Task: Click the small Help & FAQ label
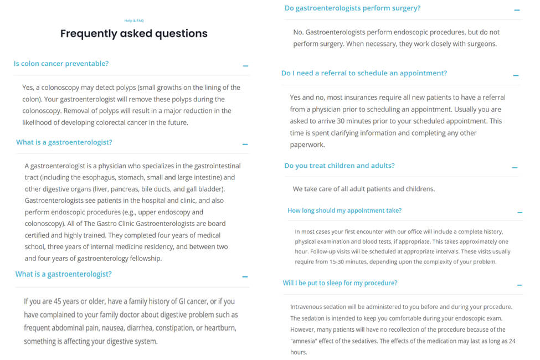[134, 20]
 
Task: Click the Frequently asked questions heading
[134, 34]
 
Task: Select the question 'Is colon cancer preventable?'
[61, 64]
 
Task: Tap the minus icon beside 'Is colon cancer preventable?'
[245, 66]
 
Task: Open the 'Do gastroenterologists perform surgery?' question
[352, 8]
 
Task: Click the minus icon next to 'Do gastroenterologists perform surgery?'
[517, 11]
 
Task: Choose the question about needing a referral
[364, 73]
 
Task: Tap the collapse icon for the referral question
[516, 75]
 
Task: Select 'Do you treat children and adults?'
[340, 166]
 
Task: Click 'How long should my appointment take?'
[344, 210]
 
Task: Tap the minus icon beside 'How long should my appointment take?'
[520, 212]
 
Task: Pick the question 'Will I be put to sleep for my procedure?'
[340, 283]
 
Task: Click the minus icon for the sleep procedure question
[519, 285]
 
